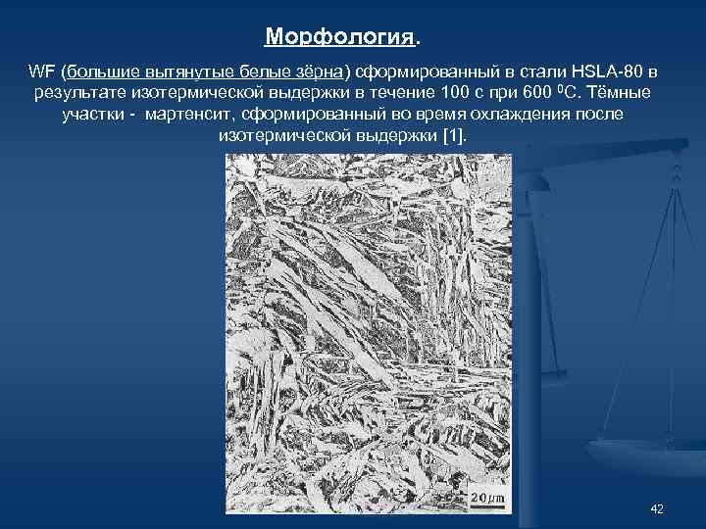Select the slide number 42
657,508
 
